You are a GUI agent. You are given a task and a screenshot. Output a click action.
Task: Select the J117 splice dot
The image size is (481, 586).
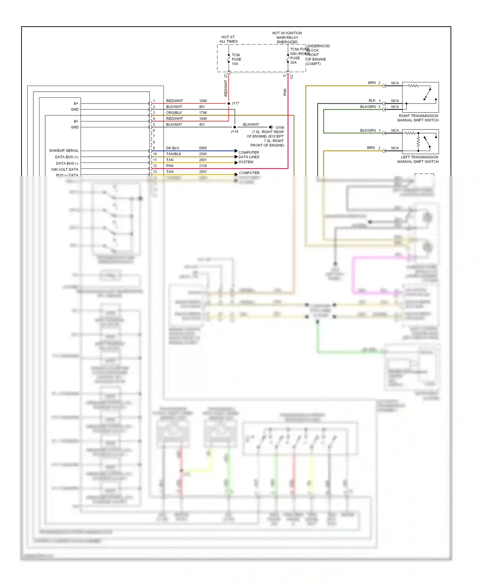(229, 103)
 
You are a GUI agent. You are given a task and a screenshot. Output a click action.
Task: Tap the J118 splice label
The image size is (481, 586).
(234, 131)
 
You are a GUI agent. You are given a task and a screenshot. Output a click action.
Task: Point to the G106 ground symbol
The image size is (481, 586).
(271, 127)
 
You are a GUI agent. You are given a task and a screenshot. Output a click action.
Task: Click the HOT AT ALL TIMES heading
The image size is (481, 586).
(228, 39)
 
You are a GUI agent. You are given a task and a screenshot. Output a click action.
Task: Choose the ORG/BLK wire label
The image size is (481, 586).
(174, 113)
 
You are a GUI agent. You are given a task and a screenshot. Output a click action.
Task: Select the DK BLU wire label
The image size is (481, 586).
(173, 148)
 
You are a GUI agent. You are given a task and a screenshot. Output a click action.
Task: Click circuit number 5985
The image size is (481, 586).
(203, 148)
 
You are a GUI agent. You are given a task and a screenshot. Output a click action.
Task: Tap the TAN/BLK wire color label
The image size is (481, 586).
(173, 154)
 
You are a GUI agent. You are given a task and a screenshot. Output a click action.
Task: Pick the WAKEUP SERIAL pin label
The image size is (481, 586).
(63, 150)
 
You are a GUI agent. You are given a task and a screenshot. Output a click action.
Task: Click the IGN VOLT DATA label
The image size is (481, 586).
(64, 169)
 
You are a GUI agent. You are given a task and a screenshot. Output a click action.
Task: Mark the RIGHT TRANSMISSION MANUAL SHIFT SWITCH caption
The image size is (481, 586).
(418, 118)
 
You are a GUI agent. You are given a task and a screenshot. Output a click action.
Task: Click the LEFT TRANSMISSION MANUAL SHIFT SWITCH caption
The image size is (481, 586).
(418, 159)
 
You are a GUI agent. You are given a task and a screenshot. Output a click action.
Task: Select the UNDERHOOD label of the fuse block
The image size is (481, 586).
(318, 46)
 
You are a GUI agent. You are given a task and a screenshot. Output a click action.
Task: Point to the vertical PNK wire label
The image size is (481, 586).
(285, 92)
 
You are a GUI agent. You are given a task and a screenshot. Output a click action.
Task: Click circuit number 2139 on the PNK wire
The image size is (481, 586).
(203, 166)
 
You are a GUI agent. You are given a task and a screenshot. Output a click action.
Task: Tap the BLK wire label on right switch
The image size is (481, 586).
(372, 100)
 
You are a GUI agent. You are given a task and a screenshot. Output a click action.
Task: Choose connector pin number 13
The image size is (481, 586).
(155, 172)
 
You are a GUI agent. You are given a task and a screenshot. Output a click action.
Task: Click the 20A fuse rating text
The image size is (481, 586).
(293, 63)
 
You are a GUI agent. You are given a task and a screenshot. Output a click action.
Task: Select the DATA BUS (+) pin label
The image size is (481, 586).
(66, 157)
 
